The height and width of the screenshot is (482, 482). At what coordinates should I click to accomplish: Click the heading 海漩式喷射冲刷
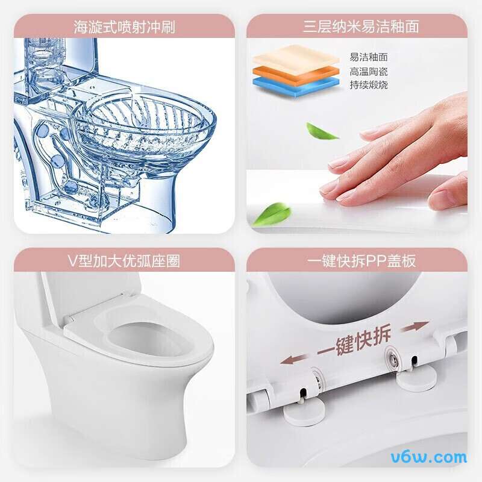click(x=124, y=27)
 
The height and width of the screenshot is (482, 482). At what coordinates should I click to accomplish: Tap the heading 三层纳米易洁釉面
click(x=361, y=27)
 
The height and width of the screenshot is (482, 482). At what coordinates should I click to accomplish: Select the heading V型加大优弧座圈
click(x=124, y=261)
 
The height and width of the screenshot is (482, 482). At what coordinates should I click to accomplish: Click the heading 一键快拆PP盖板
click(x=361, y=261)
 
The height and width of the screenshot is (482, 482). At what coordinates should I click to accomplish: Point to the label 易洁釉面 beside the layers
click(x=368, y=57)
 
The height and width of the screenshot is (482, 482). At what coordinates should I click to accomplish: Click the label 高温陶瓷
click(x=368, y=71)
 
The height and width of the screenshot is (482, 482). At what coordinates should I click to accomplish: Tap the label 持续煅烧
click(x=368, y=85)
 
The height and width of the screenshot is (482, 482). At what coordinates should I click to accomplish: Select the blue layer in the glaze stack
click(x=296, y=87)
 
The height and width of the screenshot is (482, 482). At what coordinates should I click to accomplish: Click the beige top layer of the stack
click(x=296, y=59)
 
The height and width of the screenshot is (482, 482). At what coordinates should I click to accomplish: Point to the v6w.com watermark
click(x=429, y=458)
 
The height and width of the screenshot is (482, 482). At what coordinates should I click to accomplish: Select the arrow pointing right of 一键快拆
click(x=415, y=327)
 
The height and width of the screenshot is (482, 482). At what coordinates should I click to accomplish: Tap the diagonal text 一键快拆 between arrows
click(x=354, y=341)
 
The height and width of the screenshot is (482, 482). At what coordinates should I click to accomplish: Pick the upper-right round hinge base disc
click(x=416, y=378)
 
